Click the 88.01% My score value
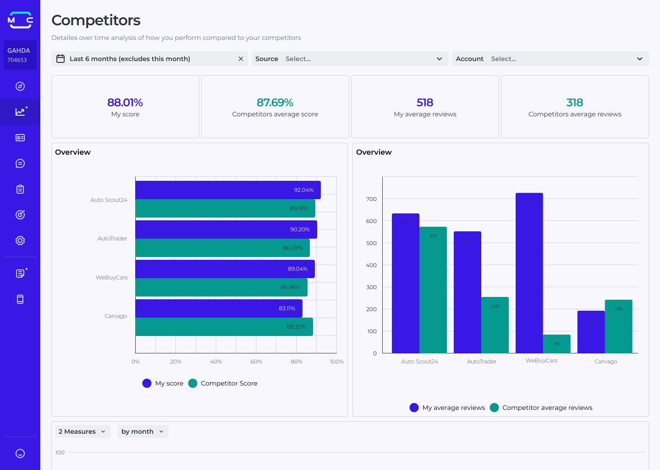click(125, 102)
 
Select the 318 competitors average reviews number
click(574, 102)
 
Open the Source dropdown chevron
click(439, 59)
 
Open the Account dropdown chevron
click(639, 59)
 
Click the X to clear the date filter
click(241, 59)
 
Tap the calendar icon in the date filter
click(60, 59)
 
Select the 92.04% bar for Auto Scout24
click(228, 190)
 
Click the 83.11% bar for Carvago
click(219, 308)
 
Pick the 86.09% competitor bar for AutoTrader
click(222, 248)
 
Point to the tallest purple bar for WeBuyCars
click(529, 273)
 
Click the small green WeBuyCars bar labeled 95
click(556, 344)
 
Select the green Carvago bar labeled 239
click(618, 326)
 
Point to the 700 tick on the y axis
click(371, 199)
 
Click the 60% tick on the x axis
click(256, 362)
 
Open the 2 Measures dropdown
click(82, 431)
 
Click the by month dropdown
click(143, 431)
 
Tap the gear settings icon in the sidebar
click(20, 241)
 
